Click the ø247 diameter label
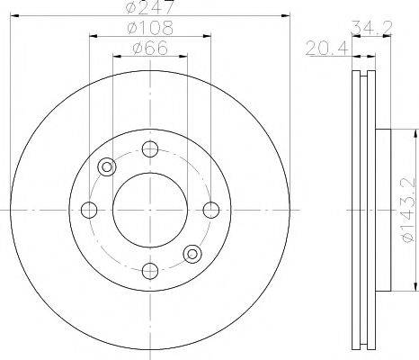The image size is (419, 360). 150,8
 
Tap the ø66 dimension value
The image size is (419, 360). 150,49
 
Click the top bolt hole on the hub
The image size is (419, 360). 150,149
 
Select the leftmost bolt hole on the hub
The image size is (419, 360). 89,210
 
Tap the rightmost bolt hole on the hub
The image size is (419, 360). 211,210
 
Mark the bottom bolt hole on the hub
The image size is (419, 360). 150,269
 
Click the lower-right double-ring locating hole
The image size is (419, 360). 192,254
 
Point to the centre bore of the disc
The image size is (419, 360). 150,210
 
